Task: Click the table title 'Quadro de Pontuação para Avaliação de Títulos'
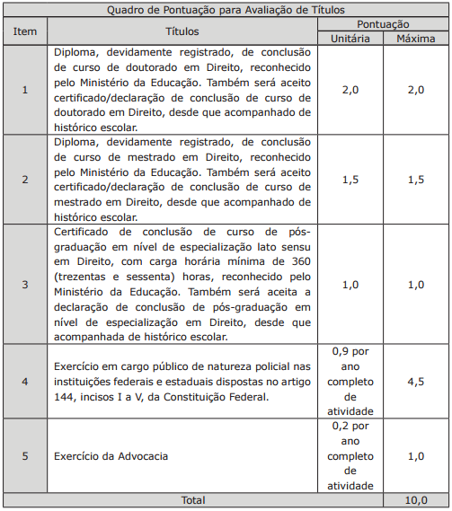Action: coord(226,11)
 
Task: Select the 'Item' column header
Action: coord(25,31)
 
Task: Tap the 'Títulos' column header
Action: coord(182,31)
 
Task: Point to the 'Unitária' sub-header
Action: coord(350,40)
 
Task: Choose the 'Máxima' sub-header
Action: coord(415,40)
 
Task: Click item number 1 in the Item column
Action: coord(25,90)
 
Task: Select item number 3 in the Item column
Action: coord(25,285)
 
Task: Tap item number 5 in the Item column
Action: coord(25,456)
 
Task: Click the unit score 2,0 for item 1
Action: coord(350,90)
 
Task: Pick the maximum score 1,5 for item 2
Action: coord(415,180)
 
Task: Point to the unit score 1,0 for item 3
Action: coord(350,285)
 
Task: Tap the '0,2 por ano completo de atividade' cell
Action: coord(350,456)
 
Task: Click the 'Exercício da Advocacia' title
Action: coord(111,456)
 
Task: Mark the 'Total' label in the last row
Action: coord(192,500)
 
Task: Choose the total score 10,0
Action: coord(415,500)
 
